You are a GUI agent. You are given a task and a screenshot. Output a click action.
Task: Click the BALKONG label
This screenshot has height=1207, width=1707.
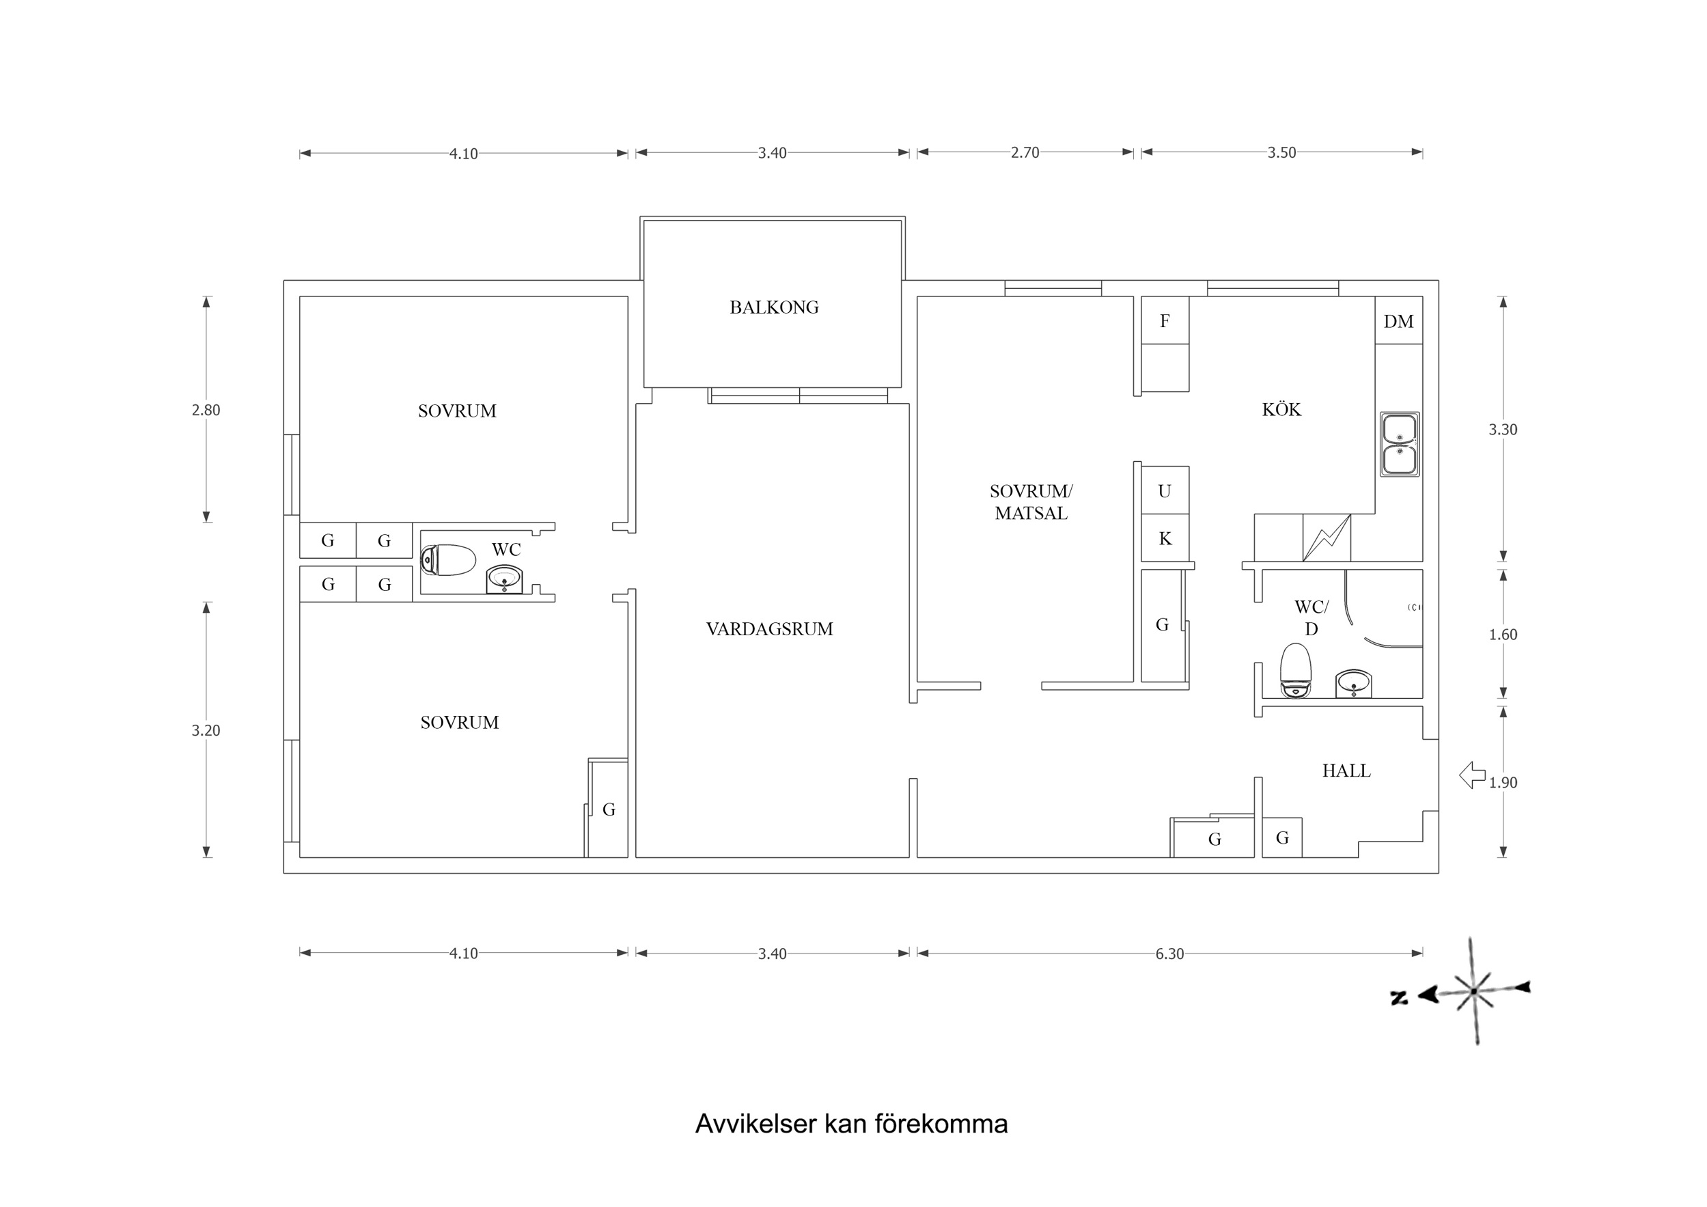click(774, 307)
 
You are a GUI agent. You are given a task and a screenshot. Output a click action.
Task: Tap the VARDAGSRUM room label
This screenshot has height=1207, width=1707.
click(770, 629)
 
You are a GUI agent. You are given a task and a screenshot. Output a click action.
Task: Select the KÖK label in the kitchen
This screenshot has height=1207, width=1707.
click(1281, 410)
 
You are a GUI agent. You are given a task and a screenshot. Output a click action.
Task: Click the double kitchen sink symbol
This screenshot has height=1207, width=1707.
click(1399, 445)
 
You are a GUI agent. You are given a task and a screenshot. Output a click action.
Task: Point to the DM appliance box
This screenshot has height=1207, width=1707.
click(1398, 321)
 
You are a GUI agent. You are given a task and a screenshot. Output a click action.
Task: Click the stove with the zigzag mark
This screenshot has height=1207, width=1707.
click(1327, 538)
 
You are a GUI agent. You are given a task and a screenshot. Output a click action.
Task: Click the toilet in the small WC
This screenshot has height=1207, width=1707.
click(448, 560)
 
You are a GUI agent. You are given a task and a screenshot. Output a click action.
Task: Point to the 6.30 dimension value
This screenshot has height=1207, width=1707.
click(1169, 954)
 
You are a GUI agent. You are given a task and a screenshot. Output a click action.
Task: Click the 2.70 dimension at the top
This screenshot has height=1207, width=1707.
click(1025, 152)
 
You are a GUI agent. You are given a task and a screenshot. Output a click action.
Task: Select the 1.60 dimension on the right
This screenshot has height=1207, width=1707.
click(1503, 635)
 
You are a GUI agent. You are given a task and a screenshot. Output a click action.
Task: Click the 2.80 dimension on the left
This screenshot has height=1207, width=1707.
click(206, 410)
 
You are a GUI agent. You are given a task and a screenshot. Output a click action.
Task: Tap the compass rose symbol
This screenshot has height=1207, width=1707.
click(1473, 991)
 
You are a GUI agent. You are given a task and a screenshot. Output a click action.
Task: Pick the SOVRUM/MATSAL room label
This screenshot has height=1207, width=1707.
click(1031, 502)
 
